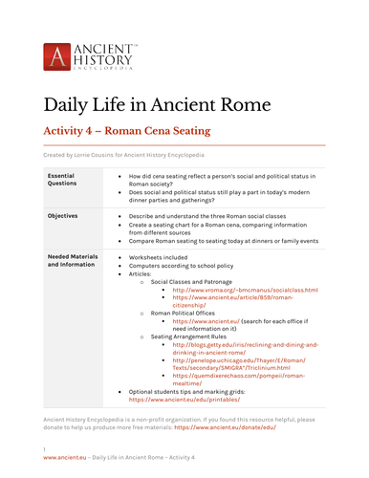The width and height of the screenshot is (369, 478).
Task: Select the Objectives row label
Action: pyautogui.click(x=68, y=216)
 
